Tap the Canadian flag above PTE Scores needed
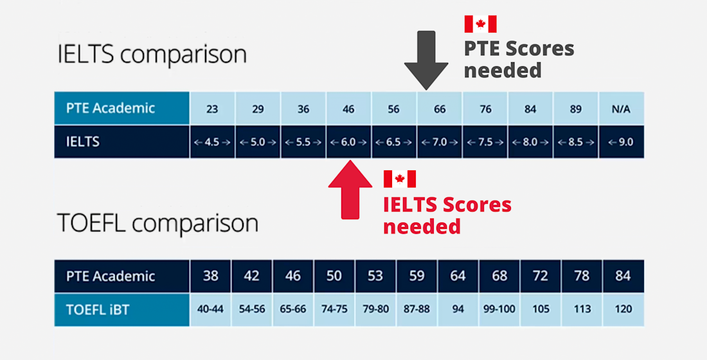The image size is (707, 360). pyautogui.click(x=480, y=24)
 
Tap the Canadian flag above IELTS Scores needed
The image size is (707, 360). pyautogui.click(x=399, y=179)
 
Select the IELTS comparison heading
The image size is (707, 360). pyautogui.click(x=152, y=54)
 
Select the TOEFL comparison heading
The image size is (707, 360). pyautogui.click(x=158, y=223)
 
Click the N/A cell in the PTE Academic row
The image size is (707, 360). pyautogui.click(x=621, y=109)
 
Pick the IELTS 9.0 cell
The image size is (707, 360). pyautogui.click(x=621, y=142)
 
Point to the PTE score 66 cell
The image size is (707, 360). pyautogui.click(x=440, y=109)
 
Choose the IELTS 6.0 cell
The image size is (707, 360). pyautogui.click(x=348, y=142)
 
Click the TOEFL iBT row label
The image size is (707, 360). pyautogui.click(x=98, y=309)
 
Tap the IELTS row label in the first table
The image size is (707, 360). pyautogui.click(x=84, y=142)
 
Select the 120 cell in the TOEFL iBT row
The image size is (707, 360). pyautogui.click(x=623, y=309)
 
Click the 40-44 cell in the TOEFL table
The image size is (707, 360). pyautogui.click(x=211, y=309)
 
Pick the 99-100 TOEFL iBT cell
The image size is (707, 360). pyautogui.click(x=499, y=309)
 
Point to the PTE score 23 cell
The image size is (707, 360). pyautogui.click(x=212, y=109)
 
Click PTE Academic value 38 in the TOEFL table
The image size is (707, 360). pyautogui.click(x=211, y=276)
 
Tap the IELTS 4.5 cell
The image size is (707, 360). pyautogui.click(x=212, y=142)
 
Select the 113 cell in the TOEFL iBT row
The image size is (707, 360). pyautogui.click(x=582, y=309)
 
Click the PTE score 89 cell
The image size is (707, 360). pyautogui.click(x=575, y=109)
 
